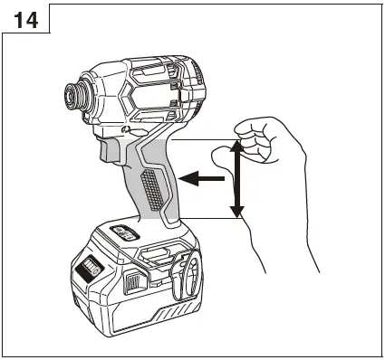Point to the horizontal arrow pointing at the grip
coord(203,179)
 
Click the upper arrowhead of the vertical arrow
coord(236,145)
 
